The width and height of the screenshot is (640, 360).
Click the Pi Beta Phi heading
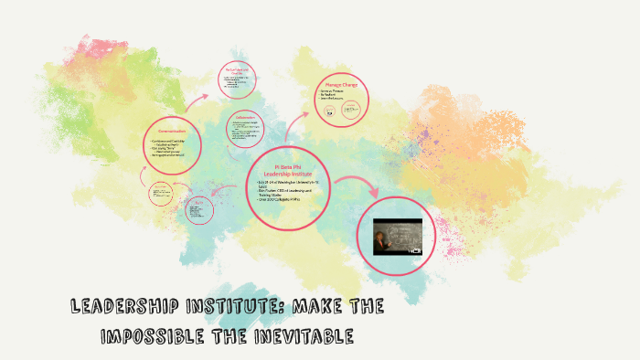point(286,166)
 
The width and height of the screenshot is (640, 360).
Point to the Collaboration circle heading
point(244,117)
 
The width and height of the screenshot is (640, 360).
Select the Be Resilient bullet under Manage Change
point(332,96)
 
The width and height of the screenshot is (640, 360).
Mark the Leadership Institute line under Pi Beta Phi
point(286,174)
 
